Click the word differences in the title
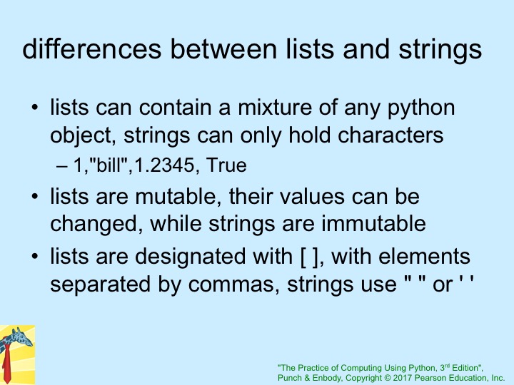tap(92, 49)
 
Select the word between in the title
tap(223, 49)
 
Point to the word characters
tap(390, 135)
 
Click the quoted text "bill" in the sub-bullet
tap(109, 164)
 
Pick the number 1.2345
tap(164, 165)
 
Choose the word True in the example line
tap(226, 165)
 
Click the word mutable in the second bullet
tap(176, 197)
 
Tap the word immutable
tap(373, 223)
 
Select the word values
tap(312, 197)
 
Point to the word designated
tap(190, 257)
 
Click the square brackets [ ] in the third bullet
tap(309, 257)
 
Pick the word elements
tap(424, 256)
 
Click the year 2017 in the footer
tap(403, 378)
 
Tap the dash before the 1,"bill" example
tap(62, 165)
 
